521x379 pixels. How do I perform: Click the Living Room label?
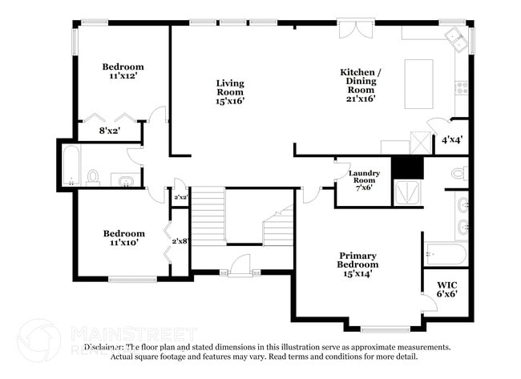(x=230, y=92)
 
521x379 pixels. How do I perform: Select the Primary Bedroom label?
(x=357, y=264)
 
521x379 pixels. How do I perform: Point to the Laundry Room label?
(x=363, y=181)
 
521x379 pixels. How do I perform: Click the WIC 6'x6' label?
(x=446, y=289)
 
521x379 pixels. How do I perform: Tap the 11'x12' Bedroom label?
(x=123, y=71)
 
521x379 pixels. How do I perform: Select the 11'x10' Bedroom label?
(x=124, y=238)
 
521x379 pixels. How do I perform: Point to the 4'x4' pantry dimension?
(x=451, y=139)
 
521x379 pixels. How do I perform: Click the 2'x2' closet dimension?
(x=180, y=197)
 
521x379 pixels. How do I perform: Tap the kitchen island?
(x=418, y=83)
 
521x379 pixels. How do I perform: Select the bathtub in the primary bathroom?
(x=445, y=254)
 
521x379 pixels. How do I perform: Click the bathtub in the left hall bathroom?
(x=70, y=166)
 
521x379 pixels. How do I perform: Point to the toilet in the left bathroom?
(x=93, y=176)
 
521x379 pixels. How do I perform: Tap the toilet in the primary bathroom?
(x=458, y=172)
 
